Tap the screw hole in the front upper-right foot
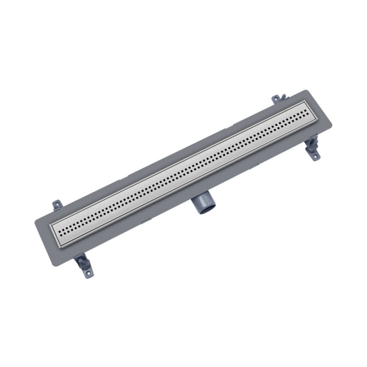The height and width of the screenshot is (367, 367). point(315,157)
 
